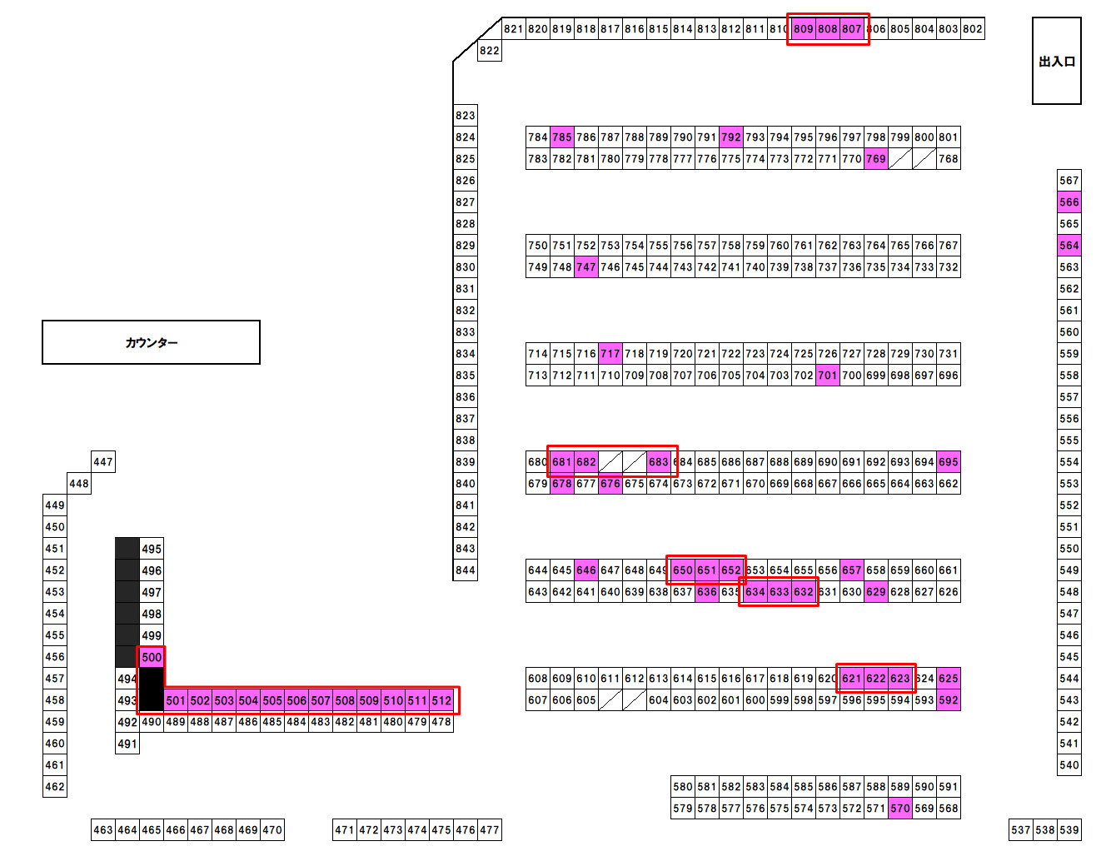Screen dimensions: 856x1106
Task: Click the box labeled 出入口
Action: (1056, 61)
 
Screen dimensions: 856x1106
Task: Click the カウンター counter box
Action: (151, 342)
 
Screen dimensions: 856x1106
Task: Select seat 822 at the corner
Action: (490, 51)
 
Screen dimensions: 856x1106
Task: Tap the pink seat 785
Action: (562, 137)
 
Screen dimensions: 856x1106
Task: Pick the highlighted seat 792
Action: (731, 137)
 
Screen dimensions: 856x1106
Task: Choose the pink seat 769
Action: (875, 159)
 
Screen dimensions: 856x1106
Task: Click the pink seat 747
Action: (586, 267)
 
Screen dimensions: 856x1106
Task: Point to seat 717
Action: (610, 354)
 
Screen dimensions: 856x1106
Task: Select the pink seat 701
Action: (827, 376)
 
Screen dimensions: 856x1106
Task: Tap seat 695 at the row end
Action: (948, 462)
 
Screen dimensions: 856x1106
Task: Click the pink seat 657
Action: (851, 570)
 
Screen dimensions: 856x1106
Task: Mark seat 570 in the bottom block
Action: (899, 809)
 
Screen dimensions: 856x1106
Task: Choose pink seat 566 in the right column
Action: (1069, 202)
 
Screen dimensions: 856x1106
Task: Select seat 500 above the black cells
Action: (152, 657)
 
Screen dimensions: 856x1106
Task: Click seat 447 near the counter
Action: (103, 462)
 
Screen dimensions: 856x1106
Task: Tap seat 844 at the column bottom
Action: (466, 570)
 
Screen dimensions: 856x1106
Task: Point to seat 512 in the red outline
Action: (441, 700)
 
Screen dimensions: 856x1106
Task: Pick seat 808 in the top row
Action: (827, 29)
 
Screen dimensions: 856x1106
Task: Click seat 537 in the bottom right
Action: (1021, 830)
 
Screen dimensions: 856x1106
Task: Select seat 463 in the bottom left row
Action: (103, 830)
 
